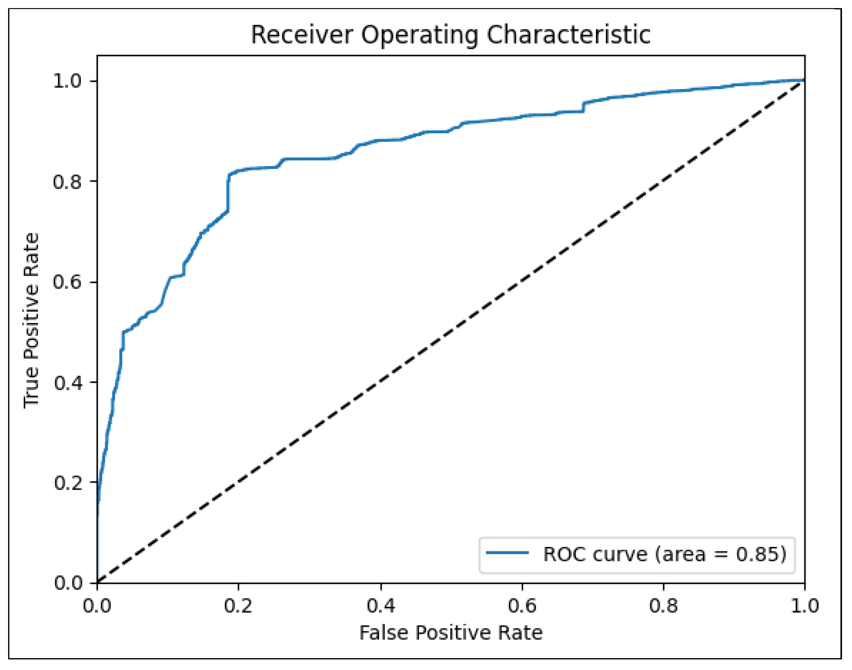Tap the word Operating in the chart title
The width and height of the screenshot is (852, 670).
[419, 35]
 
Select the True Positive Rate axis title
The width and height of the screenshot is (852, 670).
[32, 321]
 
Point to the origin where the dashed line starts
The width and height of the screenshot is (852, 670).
[98, 583]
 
